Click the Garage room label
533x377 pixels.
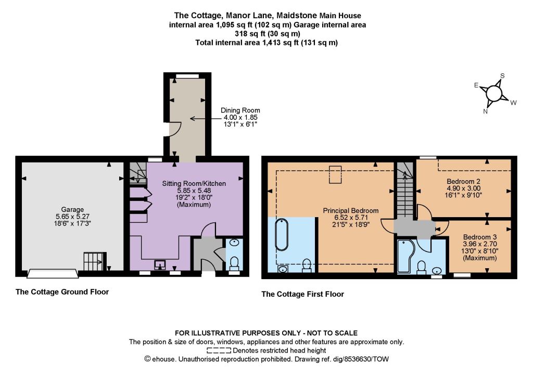point(72,210)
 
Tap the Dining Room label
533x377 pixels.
point(240,110)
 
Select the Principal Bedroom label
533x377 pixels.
point(350,211)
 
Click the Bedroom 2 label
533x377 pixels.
point(463,182)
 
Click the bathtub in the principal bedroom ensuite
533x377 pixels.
point(282,235)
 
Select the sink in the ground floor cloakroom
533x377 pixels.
point(234,243)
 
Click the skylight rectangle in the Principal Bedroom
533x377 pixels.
point(335,174)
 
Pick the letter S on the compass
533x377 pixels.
point(502,76)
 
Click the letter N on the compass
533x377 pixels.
point(486,111)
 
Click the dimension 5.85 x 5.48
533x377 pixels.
point(194,191)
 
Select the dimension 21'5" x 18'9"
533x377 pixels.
point(350,224)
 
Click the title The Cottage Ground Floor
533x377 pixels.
point(62,292)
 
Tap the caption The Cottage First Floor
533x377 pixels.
point(302,294)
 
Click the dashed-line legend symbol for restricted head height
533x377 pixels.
point(219,350)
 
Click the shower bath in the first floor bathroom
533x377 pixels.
point(405,256)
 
